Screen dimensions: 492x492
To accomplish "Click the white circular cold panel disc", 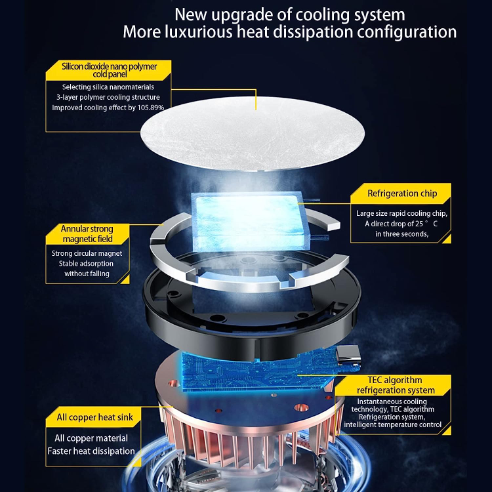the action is coord(253,133).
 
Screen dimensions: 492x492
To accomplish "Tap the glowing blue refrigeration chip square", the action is coord(249,222).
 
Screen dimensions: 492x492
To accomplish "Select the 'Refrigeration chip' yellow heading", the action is coord(402,194).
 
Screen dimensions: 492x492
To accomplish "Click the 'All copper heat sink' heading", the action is coord(94,417).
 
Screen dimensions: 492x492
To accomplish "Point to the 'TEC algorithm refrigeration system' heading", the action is coord(396,385).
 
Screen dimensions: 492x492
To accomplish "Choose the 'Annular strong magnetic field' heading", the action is coord(87,234).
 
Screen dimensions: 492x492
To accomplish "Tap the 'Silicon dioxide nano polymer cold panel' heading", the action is coord(109,70).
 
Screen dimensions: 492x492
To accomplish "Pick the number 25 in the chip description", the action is coord(419,224).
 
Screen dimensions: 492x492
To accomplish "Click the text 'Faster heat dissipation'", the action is coord(91,451).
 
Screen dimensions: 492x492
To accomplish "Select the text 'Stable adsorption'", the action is coord(86,264).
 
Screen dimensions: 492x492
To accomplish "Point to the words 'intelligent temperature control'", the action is coord(392,425).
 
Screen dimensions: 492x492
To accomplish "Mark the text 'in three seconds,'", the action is coord(401,234).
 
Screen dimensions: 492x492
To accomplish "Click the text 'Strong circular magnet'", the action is coord(87,253).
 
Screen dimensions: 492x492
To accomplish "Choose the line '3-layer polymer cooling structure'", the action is coord(108,97).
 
